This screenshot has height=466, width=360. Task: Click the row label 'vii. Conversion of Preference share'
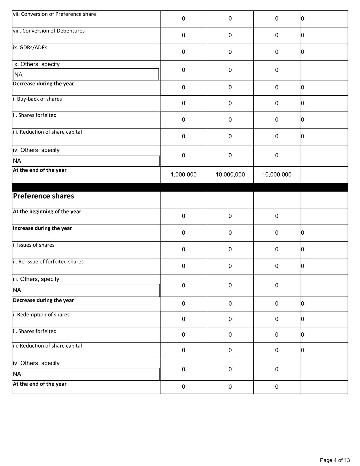click(54, 14)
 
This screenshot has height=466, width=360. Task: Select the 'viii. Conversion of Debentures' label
click(49, 31)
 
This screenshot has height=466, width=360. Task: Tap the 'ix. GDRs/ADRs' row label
click(30, 47)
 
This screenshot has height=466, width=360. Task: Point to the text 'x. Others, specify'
click(37, 64)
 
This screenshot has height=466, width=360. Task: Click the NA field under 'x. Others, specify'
click(86, 75)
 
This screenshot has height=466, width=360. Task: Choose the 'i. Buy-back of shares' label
click(37, 99)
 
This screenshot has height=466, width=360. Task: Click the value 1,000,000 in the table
click(184, 175)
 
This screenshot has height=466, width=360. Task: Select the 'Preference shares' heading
click(43, 196)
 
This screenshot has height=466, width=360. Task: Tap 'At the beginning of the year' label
click(47, 212)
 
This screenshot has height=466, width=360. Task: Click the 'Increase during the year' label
click(42, 228)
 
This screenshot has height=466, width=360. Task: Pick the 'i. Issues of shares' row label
click(34, 245)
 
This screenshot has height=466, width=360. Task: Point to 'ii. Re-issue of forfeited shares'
click(48, 262)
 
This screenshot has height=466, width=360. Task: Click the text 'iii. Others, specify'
click(36, 279)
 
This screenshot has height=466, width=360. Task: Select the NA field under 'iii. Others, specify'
click(86, 290)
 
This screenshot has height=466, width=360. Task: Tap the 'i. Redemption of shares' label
click(41, 315)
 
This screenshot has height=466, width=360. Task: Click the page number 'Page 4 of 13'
click(335, 460)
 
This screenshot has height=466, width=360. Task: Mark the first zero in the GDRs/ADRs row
click(184, 52)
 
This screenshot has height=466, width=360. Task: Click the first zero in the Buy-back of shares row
click(184, 103)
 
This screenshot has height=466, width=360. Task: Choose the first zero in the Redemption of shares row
click(184, 319)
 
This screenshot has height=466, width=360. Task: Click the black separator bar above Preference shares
click(180, 187)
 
